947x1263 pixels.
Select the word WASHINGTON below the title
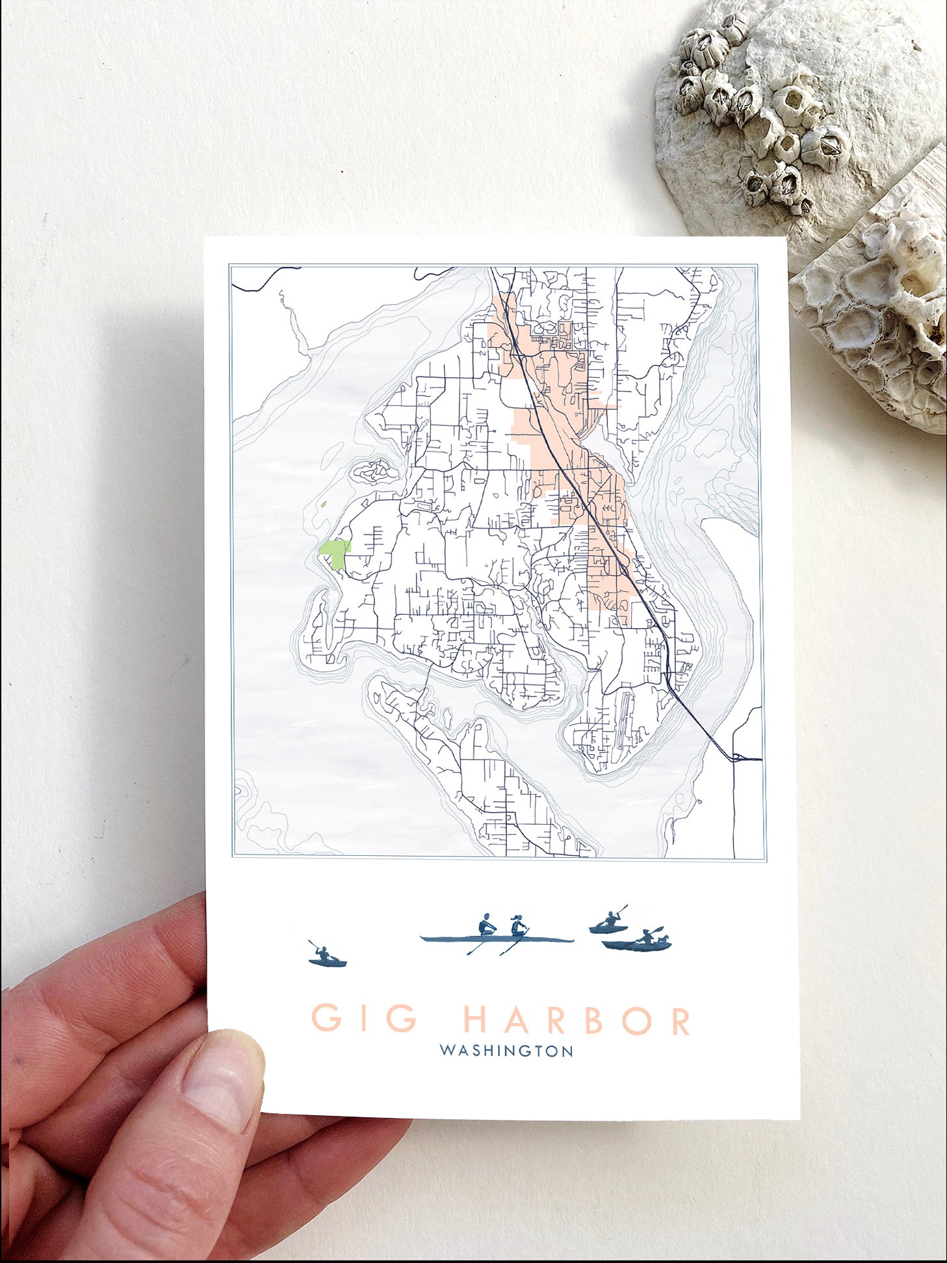click(x=506, y=1051)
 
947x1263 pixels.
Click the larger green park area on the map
click(x=335, y=555)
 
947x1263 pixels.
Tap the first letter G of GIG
click(x=327, y=1019)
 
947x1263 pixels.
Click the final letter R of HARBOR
click(x=680, y=1019)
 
